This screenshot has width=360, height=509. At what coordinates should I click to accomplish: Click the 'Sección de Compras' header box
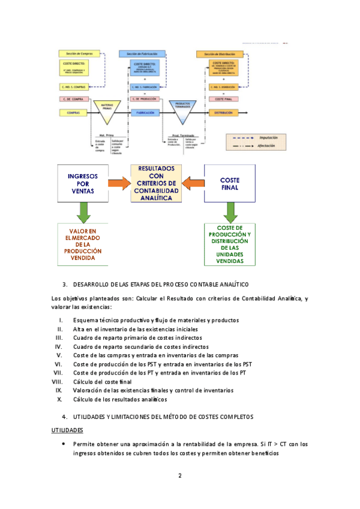click(x=74, y=54)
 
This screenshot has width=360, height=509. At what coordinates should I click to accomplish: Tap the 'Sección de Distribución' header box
click(x=223, y=54)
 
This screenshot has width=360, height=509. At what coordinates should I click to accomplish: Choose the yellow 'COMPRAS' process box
click(x=74, y=112)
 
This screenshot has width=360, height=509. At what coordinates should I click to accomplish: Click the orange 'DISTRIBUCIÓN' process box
click(x=223, y=112)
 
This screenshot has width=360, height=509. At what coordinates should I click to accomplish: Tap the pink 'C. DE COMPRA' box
click(x=74, y=98)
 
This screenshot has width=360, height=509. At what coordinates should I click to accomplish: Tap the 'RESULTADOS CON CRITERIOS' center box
click(x=156, y=183)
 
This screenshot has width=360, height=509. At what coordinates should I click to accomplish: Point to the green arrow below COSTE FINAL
click(x=230, y=211)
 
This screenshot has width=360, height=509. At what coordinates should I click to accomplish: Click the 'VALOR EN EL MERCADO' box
click(x=83, y=244)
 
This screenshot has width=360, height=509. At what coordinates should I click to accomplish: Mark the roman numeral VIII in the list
click(x=58, y=381)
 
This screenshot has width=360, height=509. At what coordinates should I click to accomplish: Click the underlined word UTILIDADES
click(x=67, y=430)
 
